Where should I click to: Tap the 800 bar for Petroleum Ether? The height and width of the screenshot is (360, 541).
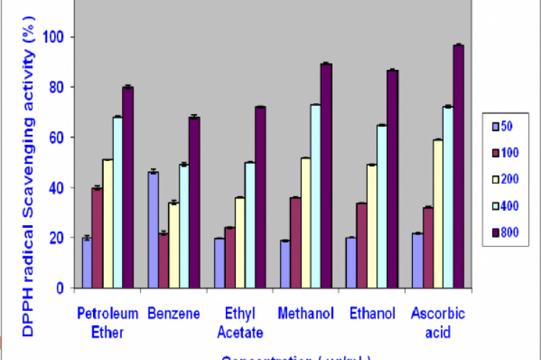(128, 188)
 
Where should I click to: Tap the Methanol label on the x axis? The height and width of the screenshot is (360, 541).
(306, 314)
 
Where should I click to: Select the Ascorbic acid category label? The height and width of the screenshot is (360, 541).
(438, 322)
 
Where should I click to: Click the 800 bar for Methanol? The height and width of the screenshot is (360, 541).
(325, 176)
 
